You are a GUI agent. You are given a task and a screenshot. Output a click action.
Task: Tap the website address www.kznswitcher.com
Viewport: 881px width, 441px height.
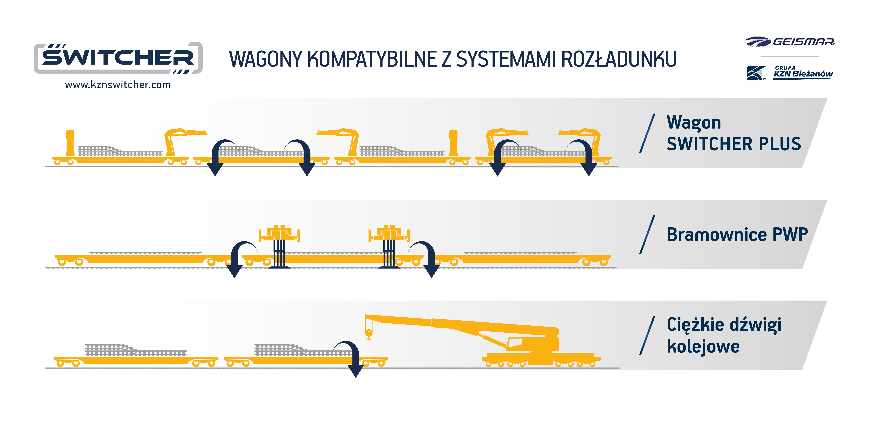[x=118, y=85]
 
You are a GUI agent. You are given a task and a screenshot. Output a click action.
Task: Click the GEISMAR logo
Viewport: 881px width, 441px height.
[x=790, y=42]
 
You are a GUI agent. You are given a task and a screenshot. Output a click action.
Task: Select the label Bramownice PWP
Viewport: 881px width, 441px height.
[x=737, y=235]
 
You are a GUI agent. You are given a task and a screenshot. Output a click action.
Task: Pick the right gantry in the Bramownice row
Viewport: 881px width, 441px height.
[x=389, y=245]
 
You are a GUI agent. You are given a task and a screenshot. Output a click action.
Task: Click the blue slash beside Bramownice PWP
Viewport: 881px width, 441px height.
[x=647, y=235]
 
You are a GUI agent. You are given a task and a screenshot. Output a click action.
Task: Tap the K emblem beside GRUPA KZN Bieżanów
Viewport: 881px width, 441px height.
[x=755, y=73]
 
